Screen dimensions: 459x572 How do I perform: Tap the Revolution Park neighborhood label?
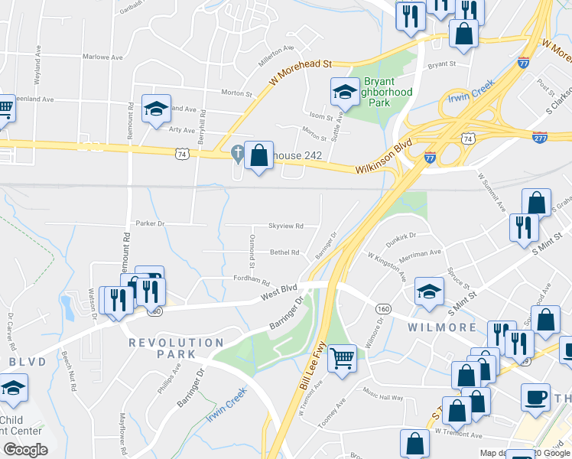pos(176,343)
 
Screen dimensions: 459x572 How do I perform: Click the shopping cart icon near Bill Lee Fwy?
pos(342,357)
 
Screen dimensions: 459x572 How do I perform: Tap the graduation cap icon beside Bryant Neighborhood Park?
pos(345,93)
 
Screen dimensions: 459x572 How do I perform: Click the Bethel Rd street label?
pos(284,252)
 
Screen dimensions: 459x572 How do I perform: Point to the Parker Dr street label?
pos(150,223)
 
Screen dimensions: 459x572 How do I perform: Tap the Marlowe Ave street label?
pos(103,57)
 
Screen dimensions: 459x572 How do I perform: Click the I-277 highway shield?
pos(539,136)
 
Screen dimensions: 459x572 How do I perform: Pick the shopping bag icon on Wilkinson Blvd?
pos(259,155)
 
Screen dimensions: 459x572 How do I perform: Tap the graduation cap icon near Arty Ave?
pos(156,109)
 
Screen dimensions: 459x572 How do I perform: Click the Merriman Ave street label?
pos(420,252)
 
